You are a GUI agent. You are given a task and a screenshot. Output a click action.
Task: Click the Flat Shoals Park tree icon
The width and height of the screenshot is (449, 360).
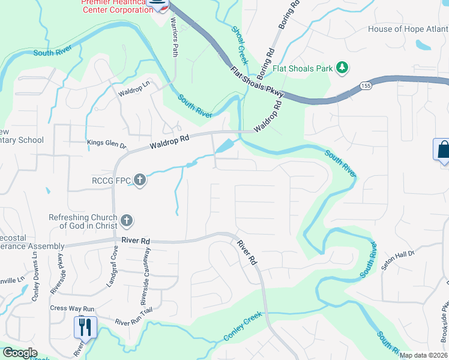(x=342, y=68)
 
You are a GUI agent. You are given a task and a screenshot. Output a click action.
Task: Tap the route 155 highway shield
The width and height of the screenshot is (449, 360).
(x=364, y=86)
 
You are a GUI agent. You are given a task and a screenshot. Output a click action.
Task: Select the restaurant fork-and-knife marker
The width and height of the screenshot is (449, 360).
(x=85, y=327)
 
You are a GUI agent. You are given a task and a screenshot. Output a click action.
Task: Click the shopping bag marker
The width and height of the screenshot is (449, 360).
(x=442, y=149)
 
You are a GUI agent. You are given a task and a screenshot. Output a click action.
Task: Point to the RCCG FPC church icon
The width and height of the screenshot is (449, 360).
(x=139, y=179)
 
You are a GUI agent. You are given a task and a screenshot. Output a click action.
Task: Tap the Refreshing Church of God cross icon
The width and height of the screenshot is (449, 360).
(x=126, y=221)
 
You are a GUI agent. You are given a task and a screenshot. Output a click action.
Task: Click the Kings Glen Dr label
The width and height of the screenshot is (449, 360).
(x=107, y=145)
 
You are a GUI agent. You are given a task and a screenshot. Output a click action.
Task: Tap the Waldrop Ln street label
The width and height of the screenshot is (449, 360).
(x=134, y=91)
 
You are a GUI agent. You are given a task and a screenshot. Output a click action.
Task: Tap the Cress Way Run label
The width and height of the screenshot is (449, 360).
(x=72, y=308)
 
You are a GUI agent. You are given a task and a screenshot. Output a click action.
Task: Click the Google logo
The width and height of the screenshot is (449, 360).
(x=20, y=353)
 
